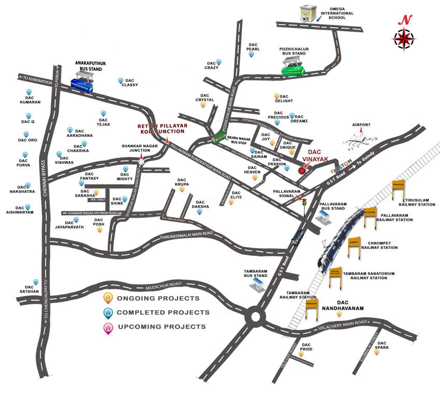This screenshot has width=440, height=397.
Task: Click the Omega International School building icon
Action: [x=308, y=13]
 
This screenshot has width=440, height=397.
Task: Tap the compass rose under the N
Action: [x=404, y=38]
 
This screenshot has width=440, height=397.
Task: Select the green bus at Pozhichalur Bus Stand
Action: [x=292, y=68]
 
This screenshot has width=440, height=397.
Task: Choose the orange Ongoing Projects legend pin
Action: [x=108, y=298]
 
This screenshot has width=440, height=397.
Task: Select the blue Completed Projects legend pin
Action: [x=108, y=312]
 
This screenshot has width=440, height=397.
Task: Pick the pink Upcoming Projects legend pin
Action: [x=108, y=327]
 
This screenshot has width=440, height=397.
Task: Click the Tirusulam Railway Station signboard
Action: [x=398, y=189]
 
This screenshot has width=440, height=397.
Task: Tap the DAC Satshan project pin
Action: [x=36, y=282]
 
